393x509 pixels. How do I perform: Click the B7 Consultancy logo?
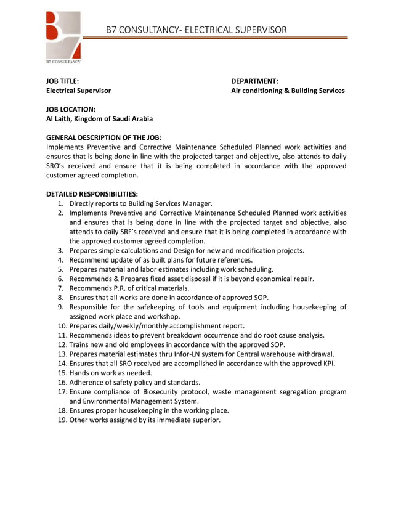pos(63,38)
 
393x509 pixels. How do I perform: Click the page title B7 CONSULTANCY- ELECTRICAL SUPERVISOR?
pos(196,30)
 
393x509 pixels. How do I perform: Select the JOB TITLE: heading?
pos(63,81)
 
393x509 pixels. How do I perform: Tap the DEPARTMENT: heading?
pos(254,81)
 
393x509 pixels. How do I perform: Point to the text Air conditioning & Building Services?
pos(288,91)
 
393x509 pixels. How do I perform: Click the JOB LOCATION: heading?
pos(71,109)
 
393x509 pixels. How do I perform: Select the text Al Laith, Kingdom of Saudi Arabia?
pos(100,118)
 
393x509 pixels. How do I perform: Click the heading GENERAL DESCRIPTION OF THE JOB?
pos(108,137)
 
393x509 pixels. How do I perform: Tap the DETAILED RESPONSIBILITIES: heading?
pos(92,193)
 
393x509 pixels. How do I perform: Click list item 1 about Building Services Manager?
pos(140,203)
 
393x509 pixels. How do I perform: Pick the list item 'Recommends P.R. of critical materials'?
pos(129,288)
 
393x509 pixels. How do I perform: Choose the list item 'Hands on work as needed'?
pos(110,373)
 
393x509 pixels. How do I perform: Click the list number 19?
pos(62,420)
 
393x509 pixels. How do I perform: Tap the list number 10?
pos(62,325)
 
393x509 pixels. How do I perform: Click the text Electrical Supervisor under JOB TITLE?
pos(79,91)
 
